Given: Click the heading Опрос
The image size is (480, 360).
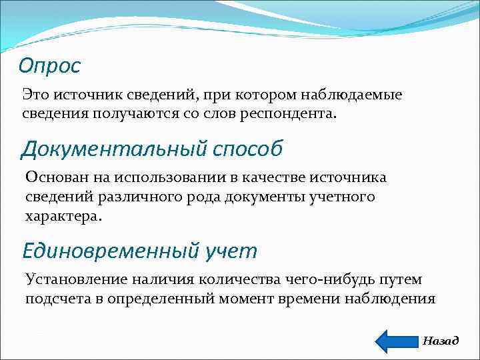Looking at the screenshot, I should click(49, 65).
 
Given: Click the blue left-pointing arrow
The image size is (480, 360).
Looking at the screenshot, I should click(396, 340).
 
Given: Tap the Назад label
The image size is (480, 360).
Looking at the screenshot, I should click(441, 341).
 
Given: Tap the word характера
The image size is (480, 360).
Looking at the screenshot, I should click(63, 217).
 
